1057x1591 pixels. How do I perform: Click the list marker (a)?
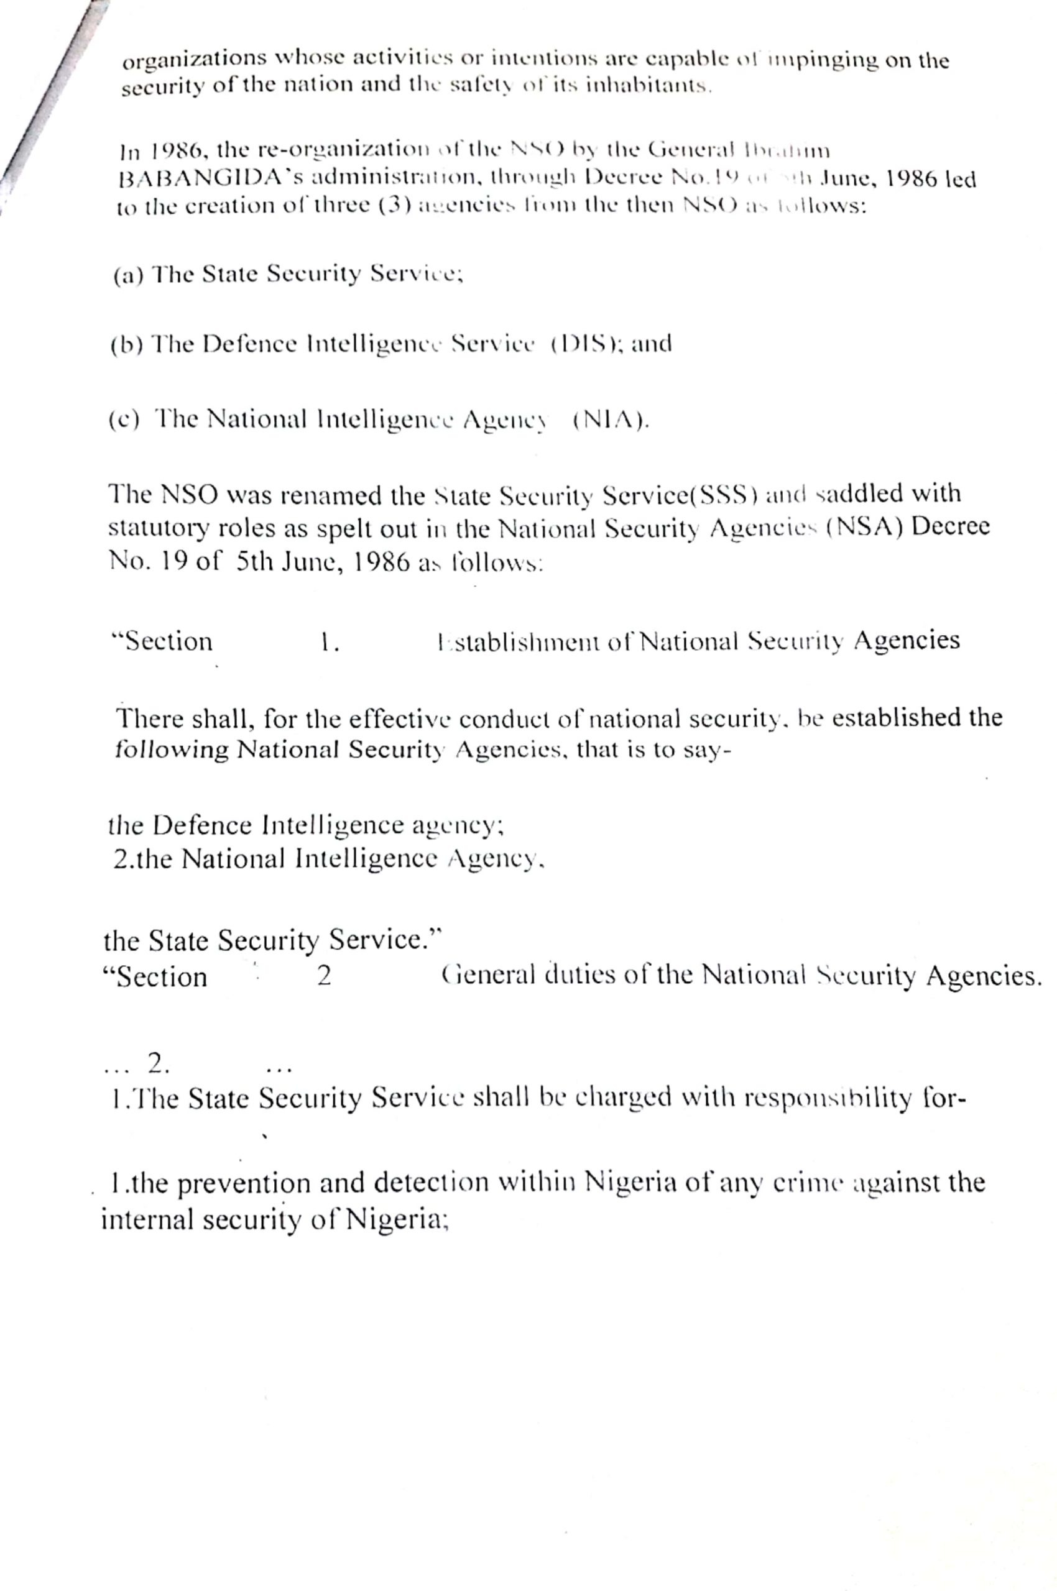coord(127,275)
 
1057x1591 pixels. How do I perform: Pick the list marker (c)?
coord(124,421)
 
